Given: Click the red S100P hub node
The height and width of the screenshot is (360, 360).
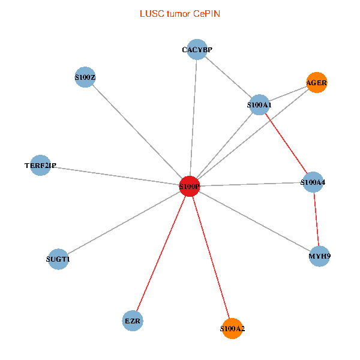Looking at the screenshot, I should (x=190, y=186).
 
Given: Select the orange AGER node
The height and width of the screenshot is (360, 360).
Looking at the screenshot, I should (x=317, y=82).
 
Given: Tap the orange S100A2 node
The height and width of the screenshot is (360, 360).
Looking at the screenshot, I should (x=232, y=329).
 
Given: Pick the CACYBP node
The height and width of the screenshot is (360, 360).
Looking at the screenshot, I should (x=197, y=49).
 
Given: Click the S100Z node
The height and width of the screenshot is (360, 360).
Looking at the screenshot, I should (x=85, y=77).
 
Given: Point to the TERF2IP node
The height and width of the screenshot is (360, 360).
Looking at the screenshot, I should (x=41, y=166).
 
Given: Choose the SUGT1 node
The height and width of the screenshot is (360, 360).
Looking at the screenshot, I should (x=58, y=259).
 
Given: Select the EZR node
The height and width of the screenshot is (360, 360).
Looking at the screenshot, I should (x=133, y=321).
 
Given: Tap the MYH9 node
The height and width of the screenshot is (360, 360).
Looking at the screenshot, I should (x=319, y=256).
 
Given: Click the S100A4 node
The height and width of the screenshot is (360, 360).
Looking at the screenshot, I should (x=313, y=181).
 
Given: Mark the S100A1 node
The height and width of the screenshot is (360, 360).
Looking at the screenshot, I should (x=259, y=105).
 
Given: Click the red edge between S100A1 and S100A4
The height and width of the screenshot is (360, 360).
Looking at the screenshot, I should (x=286, y=143).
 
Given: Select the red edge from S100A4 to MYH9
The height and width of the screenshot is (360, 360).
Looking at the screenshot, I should (x=316, y=219).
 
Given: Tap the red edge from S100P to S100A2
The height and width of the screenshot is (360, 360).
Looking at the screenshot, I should (x=211, y=257).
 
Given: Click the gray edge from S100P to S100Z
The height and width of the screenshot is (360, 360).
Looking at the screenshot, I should (x=137, y=131).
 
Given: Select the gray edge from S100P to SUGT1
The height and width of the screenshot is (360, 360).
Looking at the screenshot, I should (x=124, y=223).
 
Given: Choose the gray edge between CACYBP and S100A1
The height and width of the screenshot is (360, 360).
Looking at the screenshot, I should (x=228, y=77).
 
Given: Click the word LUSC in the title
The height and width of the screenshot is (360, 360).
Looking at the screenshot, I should (x=150, y=13).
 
